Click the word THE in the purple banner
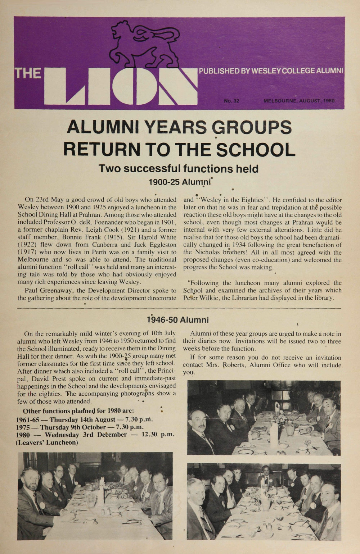pos(27,73)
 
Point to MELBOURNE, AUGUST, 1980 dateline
pos(299,101)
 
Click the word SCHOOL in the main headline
pos(252,150)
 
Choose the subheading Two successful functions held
pos(179,168)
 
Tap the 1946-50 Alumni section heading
pos(177,319)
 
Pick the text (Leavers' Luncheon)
pos(47,442)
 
